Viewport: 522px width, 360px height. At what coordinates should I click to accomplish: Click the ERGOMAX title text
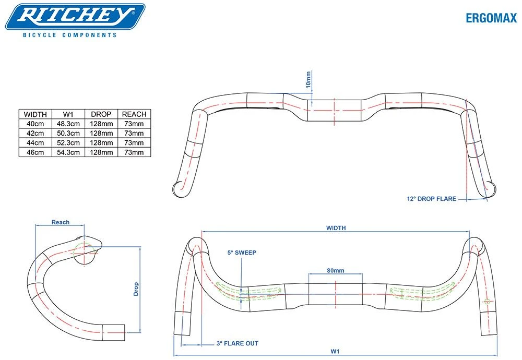coord(491,18)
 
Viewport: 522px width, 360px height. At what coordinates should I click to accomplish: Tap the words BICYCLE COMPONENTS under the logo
coord(69,35)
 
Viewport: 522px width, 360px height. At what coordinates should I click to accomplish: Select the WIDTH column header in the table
coord(35,114)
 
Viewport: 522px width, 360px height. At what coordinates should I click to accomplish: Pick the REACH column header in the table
coord(134,114)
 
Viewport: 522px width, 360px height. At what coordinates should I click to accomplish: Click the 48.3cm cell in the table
coord(68,124)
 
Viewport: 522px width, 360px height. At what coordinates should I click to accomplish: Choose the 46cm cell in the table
coord(35,152)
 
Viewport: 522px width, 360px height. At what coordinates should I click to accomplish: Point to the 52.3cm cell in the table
coord(68,143)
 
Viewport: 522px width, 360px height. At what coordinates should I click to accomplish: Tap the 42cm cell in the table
coord(35,134)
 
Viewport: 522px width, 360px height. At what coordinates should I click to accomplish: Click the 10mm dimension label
coord(308,79)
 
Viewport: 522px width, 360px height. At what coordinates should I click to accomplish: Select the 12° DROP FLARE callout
coord(431,198)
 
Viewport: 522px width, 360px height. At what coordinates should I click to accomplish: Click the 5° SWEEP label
coord(242,253)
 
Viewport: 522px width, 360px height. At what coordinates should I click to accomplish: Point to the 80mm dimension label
coord(335,270)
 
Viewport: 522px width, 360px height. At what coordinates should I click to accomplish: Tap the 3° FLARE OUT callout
coord(237,343)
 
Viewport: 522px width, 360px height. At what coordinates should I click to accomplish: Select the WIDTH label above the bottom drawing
coord(336,228)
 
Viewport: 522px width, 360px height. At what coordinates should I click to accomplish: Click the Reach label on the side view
coord(61,222)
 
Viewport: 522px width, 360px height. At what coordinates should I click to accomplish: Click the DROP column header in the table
coord(101,114)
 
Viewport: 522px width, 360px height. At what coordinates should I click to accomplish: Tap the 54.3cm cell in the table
coord(68,152)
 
